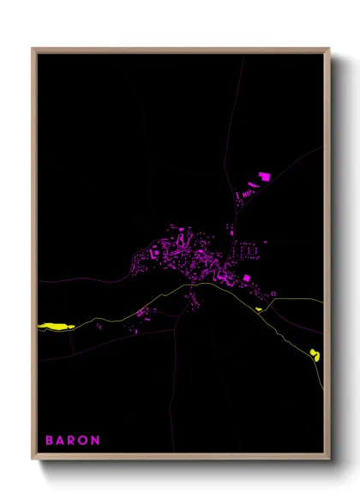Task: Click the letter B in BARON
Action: tap(49, 441)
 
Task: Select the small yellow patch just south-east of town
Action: tap(258, 309)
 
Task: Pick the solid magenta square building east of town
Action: tap(246, 278)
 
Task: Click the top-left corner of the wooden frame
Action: tap(33, 50)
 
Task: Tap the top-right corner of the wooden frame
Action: tap(328, 50)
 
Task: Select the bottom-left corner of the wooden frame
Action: tap(33, 459)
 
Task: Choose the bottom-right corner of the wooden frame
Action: tap(328, 459)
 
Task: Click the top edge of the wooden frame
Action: tap(180, 50)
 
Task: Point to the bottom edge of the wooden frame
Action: tap(180, 459)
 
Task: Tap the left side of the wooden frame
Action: tap(33, 257)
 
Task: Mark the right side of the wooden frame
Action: tap(328, 257)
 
